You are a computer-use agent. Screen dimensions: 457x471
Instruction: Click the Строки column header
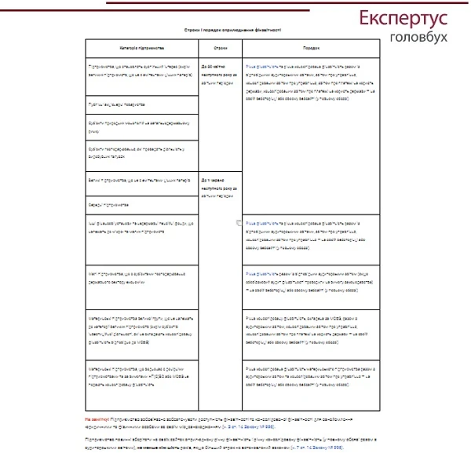221,48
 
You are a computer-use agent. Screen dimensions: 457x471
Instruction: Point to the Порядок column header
311,48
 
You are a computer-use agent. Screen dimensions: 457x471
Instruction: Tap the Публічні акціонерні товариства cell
124,104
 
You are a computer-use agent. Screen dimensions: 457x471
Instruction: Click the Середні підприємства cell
111,203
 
